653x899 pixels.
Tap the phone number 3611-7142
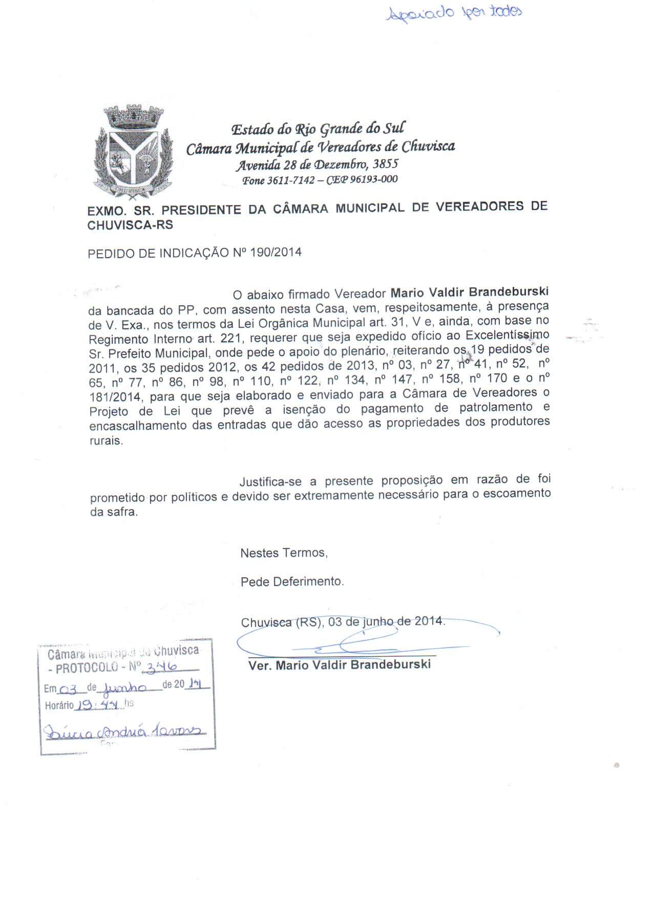coord(290,180)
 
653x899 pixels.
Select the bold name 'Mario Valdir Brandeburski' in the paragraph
coord(469,292)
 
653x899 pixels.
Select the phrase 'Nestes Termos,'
coord(284,553)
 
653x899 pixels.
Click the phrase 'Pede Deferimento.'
coord(292,582)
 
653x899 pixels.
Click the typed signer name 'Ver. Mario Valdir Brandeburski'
coord(339,665)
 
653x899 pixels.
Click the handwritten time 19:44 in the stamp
coord(99,705)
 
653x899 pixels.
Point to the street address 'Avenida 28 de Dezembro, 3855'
coord(317,165)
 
